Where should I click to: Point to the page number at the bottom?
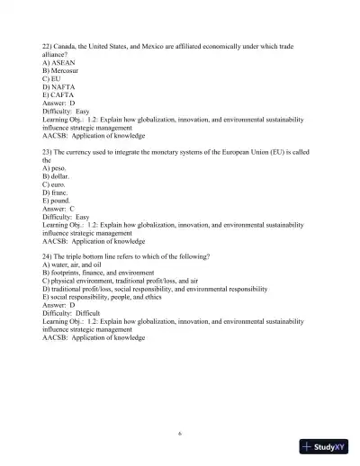point(180,434)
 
